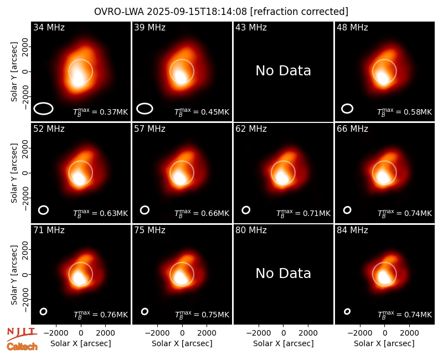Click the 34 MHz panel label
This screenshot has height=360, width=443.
(x=49, y=27)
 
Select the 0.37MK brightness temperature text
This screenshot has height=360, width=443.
(x=101, y=112)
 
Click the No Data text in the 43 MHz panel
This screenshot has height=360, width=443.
(x=283, y=71)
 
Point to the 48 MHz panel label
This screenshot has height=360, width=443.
(x=352, y=27)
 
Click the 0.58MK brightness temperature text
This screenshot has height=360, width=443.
(x=405, y=112)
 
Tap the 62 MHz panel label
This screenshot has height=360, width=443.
(x=251, y=129)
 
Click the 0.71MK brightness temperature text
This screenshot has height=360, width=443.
(x=303, y=213)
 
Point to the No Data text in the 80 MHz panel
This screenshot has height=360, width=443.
(x=283, y=274)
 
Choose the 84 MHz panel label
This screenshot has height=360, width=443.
(x=352, y=230)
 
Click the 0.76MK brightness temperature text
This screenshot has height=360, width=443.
(x=101, y=315)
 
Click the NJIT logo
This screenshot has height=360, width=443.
(x=22, y=335)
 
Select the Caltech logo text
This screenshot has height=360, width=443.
(x=22, y=347)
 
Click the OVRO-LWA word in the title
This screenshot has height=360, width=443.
(x=119, y=12)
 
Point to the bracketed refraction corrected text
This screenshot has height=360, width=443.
(x=299, y=12)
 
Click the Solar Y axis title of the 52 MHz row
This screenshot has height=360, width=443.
(x=14, y=173)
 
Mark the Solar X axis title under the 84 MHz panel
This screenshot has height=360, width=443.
(x=384, y=343)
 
